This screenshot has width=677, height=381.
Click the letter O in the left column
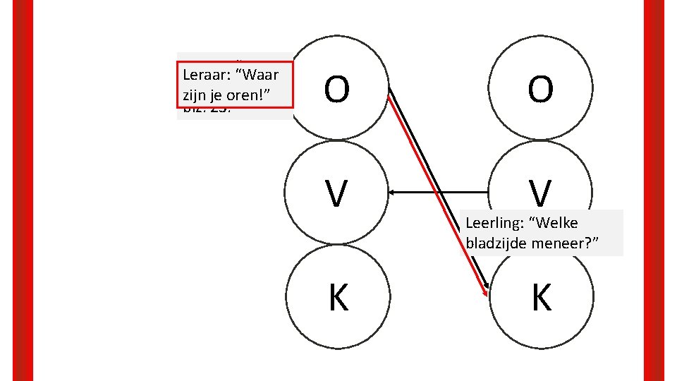337,90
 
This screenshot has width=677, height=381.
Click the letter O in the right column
541,90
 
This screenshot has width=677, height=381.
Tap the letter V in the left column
337,193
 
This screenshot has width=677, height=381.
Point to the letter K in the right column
541,298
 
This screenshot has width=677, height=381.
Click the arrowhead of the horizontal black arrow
392,192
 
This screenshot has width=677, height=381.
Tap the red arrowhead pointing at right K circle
485,292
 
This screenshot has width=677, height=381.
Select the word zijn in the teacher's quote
194,93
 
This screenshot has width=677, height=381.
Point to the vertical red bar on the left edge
24,190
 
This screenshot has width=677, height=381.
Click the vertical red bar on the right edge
654,190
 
